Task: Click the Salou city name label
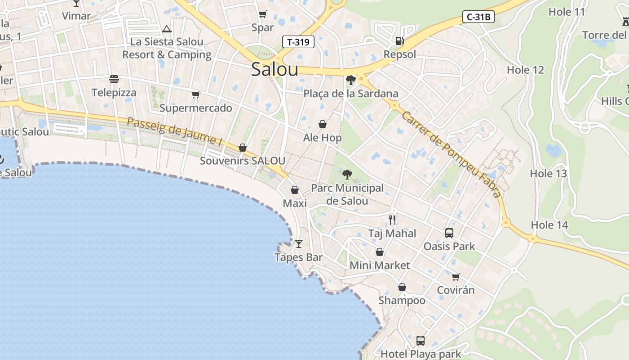tap(275, 69)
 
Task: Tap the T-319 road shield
tap(298, 42)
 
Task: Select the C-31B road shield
tap(478, 18)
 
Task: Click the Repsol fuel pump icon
tap(399, 41)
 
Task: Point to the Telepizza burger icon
tap(114, 79)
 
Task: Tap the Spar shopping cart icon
tap(262, 14)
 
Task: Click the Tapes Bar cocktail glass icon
tap(298, 244)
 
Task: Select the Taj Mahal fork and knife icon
tap(392, 220)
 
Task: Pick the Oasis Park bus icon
tap(449, 233)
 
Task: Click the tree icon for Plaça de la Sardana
tap(351, 80)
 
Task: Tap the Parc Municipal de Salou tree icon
tap(347, 175)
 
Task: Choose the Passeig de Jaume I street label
tap(175, 131)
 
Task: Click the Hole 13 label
tap(548, 174)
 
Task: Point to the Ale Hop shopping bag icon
tap(322, 124)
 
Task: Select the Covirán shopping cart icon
tap(456, 277)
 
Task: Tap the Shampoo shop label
tap(402, 300)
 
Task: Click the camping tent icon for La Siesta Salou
tap(167, 29)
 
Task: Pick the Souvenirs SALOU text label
tap(242, 161)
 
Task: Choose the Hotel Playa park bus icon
tap(421, 340)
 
